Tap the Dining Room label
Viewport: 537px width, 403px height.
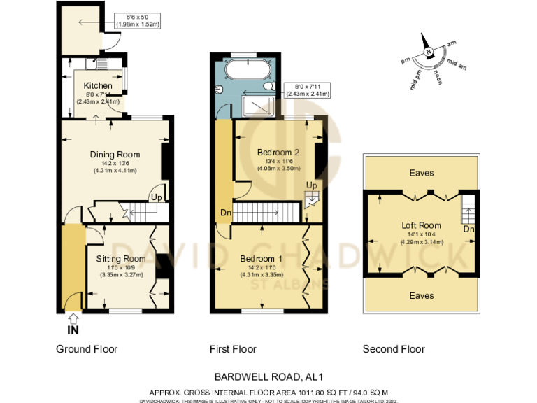tap(115, 155)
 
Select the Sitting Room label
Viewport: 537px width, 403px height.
tap(120, 258)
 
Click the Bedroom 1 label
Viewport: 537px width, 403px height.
tap(261, 258)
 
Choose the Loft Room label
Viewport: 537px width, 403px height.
tap(421, 225)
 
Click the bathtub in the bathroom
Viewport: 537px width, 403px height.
tap(245, 70)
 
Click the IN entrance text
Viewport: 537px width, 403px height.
tap(72, 330)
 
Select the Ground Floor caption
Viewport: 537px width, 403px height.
tap(87, 349)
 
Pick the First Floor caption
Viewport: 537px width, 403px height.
tap(233, 349)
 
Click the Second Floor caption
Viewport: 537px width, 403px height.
tap(394, 349)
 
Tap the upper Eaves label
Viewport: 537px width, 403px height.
tap(421, 172)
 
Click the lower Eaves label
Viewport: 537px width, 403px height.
tap(421, 295)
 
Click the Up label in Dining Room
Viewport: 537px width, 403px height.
tap(157, 198)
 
